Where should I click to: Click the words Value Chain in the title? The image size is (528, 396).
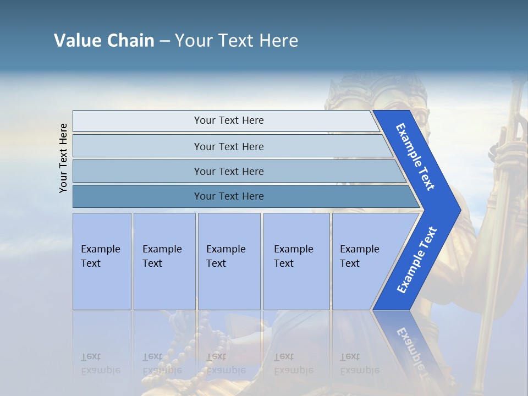coord(104,41)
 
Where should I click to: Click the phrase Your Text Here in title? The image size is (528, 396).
coord(237,41)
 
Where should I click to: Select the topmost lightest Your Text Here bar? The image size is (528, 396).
coord(228,120)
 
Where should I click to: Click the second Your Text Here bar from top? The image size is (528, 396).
coord(228,146)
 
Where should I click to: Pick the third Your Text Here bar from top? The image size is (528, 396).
coord(228,171)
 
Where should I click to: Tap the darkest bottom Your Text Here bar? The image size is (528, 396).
coord(228,196)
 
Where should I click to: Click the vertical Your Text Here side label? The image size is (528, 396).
coord(63,158)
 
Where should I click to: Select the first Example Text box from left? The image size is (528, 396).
coord(102,261)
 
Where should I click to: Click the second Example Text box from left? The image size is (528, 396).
coord(164,261)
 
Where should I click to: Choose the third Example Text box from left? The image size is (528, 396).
coord(228,261)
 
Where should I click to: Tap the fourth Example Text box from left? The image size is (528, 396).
coord(296,261)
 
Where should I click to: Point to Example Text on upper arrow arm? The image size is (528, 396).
coord(415,157)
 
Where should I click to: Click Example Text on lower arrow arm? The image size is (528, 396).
coord(416,260)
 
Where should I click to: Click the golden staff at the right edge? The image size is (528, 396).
coord(509,220)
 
